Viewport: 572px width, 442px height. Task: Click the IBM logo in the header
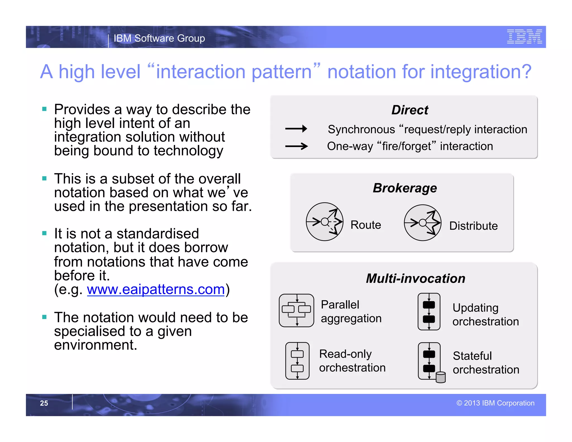524,37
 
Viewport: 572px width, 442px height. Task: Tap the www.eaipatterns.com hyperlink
156,289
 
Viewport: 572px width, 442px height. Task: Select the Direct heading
410,110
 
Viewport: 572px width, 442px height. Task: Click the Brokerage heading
405,188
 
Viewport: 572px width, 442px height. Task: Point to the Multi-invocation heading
416,279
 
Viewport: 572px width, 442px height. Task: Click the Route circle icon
325,222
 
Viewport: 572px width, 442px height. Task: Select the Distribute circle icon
423,223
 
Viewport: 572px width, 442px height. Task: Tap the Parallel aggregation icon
297,310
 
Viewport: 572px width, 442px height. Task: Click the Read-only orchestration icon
297,361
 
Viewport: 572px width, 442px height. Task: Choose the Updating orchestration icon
429,312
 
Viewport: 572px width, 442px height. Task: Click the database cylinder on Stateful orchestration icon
441,377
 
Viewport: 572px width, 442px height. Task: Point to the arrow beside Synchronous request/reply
296,129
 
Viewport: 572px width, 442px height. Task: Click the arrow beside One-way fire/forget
296,146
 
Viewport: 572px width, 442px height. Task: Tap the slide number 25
44,403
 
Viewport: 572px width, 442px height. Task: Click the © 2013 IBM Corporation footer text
495,403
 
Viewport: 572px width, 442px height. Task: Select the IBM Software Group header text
159,38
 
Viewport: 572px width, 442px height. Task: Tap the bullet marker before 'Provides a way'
44,109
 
